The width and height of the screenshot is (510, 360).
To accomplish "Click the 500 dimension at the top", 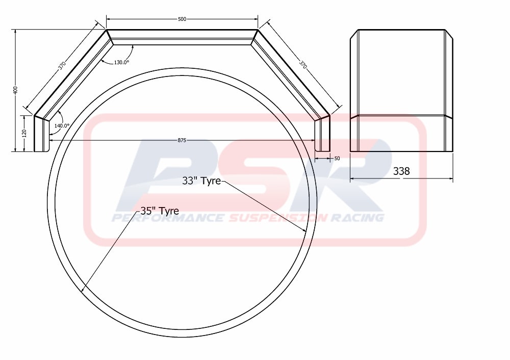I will point(182,19).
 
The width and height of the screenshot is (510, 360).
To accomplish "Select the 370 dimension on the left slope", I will point(62,66).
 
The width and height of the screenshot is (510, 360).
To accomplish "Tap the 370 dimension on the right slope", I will point(302,65).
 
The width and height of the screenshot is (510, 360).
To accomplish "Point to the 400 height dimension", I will point(16,90).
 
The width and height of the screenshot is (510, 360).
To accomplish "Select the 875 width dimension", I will point(182,140).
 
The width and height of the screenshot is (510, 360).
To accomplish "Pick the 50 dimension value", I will point(337,159).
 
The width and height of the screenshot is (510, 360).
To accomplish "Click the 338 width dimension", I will point(401,171).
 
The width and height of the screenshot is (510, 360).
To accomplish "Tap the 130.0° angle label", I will point(121,62).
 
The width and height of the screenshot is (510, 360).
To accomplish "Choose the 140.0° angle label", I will point(61,125).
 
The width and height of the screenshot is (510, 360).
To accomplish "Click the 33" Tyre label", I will point(202,181).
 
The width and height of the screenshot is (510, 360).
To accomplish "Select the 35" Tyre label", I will point(160,211).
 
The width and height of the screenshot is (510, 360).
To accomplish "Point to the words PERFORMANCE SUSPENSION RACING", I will point(248,218).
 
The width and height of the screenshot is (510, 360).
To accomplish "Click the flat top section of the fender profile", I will point(182,34).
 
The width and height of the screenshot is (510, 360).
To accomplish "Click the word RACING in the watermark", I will point(357,218).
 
